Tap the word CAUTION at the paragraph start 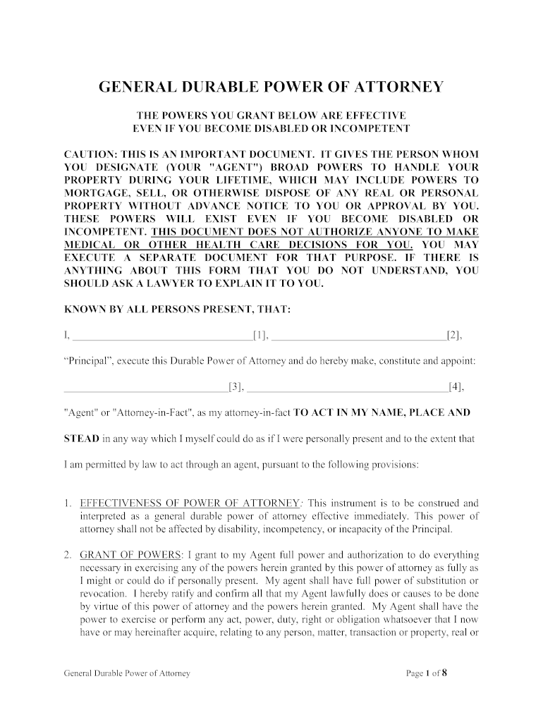90,154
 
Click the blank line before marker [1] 163,335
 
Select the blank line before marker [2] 359,335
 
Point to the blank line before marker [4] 348,386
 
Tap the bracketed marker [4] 456,386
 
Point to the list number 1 66,503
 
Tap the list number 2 66,555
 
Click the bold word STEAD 81,439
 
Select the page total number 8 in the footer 445,673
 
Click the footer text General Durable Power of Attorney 127,673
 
